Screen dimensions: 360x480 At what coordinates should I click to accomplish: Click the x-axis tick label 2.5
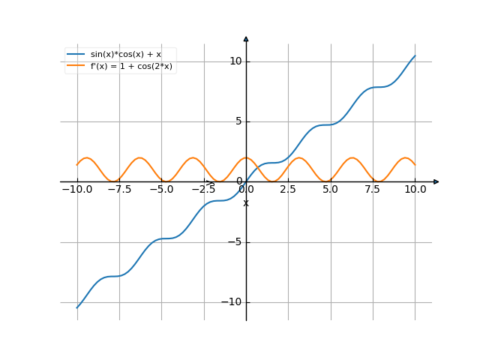tap(288, 190)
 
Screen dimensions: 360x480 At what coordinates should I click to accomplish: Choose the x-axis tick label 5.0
tap(330, 190)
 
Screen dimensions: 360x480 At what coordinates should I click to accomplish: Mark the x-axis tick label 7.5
tap(373, 190)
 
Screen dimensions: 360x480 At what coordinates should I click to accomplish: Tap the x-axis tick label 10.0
tap(415, 190)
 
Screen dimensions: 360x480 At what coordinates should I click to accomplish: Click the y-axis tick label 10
tap(235, 61)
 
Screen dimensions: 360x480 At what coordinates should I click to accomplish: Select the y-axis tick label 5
tap(238, 121)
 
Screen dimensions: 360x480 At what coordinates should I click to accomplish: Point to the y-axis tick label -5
tap(235, 242)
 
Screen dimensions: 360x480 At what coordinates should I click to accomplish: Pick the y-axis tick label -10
tap(232, 302)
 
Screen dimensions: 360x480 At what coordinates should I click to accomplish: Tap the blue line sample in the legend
tap(75, 55)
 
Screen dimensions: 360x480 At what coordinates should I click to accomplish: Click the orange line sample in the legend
tap(75, 66)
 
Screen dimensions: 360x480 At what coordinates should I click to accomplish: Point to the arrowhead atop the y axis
tap(246, 38)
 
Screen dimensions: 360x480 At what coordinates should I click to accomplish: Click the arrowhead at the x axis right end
tap(436, 181)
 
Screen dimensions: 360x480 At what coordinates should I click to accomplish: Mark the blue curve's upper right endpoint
tap(415, 55)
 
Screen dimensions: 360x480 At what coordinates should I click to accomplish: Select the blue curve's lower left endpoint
tap(76, 307)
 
